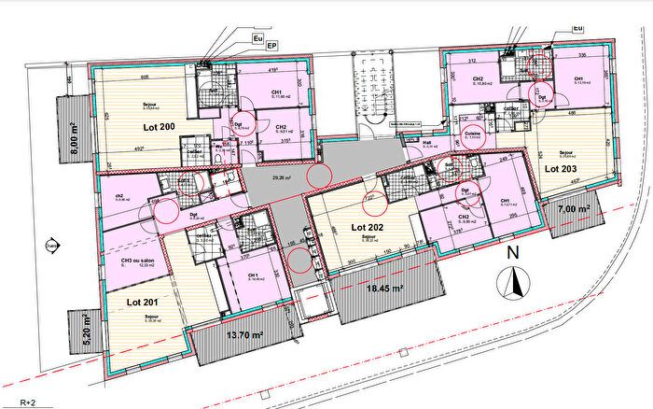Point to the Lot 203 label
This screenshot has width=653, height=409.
(x=562, y=169)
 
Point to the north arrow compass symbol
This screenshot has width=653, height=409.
(x=511, y=282)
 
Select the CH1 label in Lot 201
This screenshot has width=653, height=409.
(x=252, y=275)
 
